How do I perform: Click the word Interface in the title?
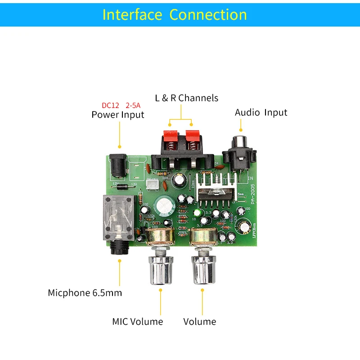132,14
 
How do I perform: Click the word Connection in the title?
208,14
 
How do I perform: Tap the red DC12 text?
110,105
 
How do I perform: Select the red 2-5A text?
132,105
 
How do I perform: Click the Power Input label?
118,115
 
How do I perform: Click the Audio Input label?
261,112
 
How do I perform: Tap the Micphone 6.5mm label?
85,293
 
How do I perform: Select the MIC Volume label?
137,322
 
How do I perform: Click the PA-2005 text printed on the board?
252,194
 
